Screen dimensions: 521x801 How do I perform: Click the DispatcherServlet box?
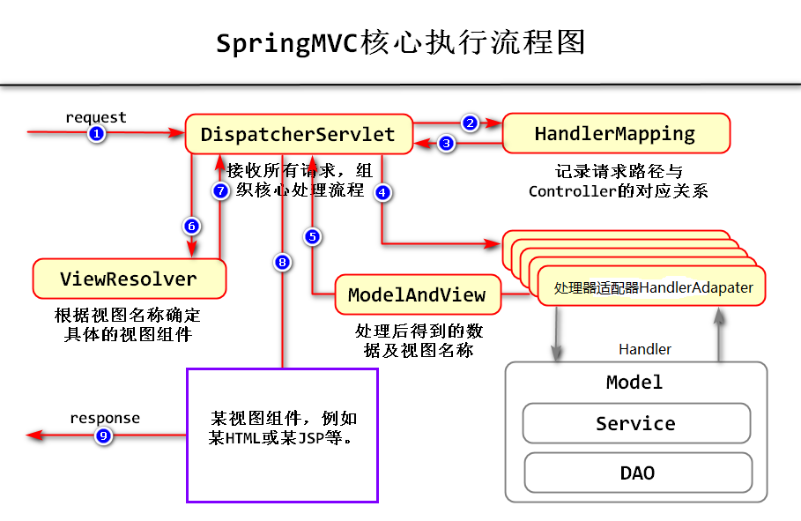coord(298,135)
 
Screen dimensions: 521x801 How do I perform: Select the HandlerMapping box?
coord(616,134)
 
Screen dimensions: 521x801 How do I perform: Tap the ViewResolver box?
coord(129,279)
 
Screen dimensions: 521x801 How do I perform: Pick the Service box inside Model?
coord(635,424)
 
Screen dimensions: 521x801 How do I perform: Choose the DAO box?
coord(637,473)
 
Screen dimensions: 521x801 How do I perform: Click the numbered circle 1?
coord(97,133)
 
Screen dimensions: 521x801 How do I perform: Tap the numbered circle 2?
coord(470,123)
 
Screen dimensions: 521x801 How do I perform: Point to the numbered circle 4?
coord(382,192)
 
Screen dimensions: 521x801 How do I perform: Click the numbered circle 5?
coord(312,236)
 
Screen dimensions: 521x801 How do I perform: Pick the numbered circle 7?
coord(221,190)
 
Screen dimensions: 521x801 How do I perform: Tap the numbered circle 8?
coord(282,262)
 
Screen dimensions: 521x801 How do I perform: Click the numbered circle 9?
coord(103,435)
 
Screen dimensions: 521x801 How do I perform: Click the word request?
coord(96,117)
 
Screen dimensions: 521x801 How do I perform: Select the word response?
coord(105,418)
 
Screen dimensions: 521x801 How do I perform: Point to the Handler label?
coord(645,350)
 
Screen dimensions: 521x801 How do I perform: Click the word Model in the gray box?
coord(634,383)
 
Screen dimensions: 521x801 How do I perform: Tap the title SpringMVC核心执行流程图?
coord(401,42)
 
